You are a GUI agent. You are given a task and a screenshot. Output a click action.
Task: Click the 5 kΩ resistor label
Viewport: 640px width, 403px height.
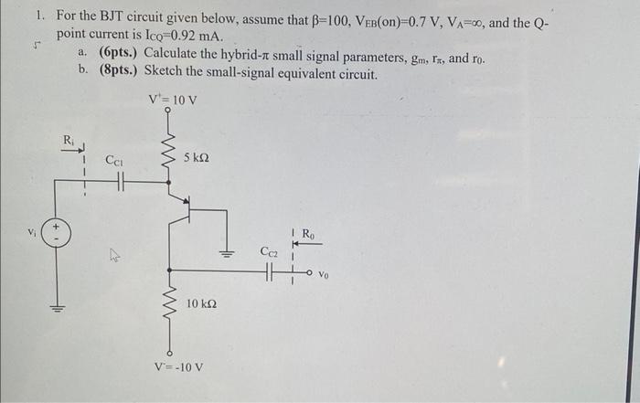click(x=196, y=157)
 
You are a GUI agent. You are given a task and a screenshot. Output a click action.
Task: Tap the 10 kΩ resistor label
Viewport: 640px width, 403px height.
click(x=200, y=302)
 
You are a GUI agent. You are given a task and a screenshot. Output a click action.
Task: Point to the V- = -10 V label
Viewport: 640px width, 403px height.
click(x=177, y=368)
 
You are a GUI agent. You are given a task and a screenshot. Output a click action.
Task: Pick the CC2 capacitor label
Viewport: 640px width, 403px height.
click(x=269, y=250)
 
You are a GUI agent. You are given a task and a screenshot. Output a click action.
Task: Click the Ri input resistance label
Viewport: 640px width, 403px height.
click(x=69, y=140)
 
